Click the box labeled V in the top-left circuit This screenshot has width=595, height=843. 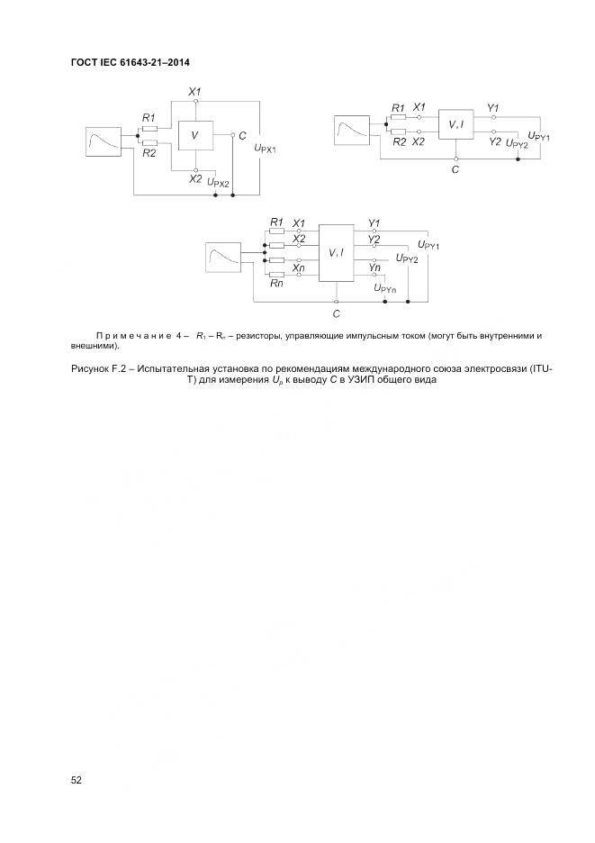194,136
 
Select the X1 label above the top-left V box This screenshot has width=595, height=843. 194,93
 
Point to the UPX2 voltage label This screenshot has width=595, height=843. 219,183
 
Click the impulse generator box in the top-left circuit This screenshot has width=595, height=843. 104,142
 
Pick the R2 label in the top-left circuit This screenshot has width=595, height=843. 149,154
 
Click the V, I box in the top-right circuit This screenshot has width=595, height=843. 456,125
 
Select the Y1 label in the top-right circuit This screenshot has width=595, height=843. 492,108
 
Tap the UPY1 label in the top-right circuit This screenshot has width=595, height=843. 538,137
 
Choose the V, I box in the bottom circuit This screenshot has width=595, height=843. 337,252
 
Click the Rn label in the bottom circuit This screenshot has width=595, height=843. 276,284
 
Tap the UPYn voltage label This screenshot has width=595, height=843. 384,288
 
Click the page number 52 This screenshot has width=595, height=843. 77,780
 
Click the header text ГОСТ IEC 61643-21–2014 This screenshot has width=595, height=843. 129,61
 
